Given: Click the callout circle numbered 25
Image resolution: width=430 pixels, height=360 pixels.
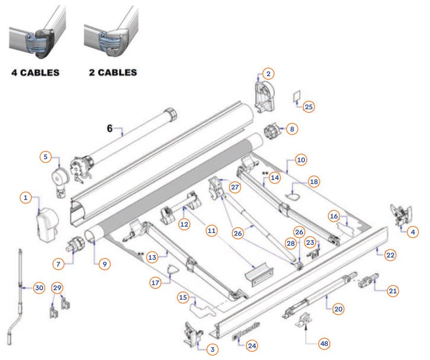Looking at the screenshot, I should coord(309,107).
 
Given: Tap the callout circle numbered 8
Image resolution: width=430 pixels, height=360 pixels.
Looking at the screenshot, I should coord(292,129).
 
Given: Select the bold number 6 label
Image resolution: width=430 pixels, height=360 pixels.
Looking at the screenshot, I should coord(109,128).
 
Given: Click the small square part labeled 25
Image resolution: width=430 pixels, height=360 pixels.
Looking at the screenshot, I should coord(297,97).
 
